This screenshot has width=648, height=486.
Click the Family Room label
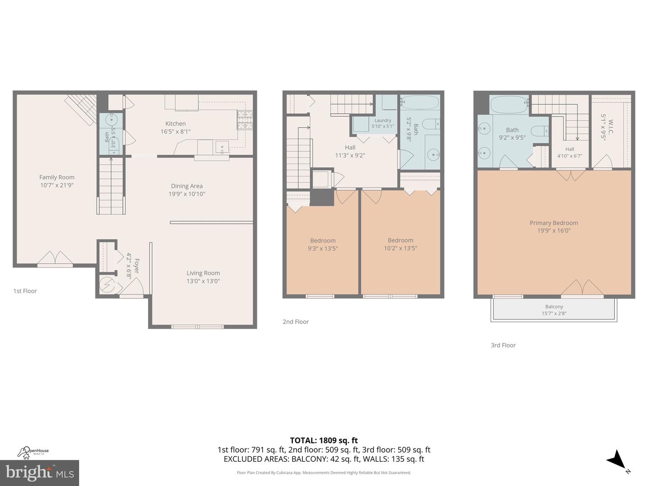[57, 177]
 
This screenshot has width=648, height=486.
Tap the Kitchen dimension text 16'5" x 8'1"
[175, 132]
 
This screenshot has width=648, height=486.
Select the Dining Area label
[187, 186]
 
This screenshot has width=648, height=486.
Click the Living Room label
[203, 273]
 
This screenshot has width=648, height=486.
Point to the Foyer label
[136, 265]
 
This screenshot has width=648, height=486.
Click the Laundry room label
[383, 121]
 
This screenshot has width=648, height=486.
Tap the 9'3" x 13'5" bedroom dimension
[323, 248]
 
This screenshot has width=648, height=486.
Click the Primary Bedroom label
[553, 223]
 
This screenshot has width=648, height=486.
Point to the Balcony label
[554, 306]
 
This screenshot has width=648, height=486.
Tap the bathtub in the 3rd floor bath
[509, 105]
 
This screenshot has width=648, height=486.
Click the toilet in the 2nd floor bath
[431, 123]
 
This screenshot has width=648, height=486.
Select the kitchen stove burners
[245, 120]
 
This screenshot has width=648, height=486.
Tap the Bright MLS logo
[40, 472]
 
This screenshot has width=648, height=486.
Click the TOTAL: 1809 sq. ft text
[324, 441]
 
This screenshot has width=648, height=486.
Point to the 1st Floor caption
[25, 291]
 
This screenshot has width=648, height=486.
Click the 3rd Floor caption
[503, 345]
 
